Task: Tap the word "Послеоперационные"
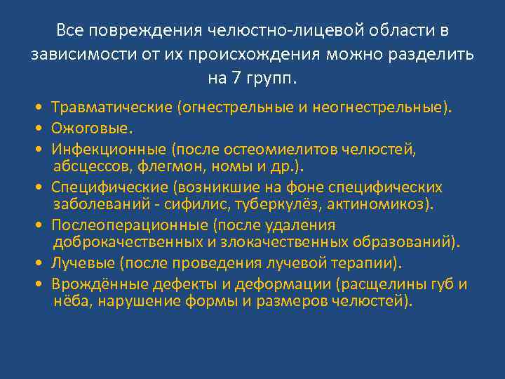pos(128,225)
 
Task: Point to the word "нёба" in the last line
pos(73,301)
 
